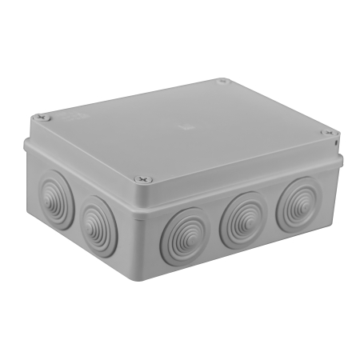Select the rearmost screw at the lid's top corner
[223, 81]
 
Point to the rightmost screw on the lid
[326, 133]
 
